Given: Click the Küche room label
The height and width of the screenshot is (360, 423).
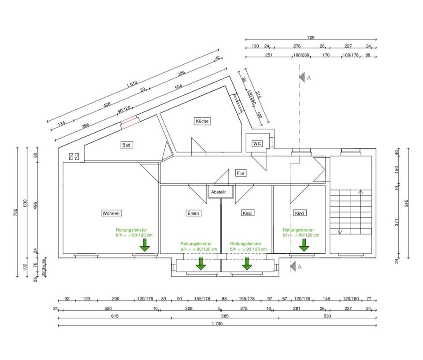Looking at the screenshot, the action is (203, 121).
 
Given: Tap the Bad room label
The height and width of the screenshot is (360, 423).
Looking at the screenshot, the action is (126, 145).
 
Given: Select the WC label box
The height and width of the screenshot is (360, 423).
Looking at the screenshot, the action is (257, 144).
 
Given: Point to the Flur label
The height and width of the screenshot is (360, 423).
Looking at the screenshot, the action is (241, 173).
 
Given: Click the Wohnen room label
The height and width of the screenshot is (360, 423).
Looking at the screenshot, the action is (111, 213).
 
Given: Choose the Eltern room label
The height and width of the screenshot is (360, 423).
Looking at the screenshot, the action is (193, 213).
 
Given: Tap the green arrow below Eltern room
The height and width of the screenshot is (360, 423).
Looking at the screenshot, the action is (201, 263).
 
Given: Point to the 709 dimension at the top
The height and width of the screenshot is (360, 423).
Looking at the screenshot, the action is (311, 38).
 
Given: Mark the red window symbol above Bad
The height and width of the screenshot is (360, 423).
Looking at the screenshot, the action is (130, 122).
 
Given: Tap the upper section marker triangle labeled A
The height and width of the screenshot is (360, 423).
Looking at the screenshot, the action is (302, 77).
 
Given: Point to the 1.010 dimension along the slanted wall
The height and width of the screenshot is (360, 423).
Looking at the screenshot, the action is (132, 83).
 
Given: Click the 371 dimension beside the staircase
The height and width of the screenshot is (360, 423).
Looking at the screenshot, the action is (397, 223).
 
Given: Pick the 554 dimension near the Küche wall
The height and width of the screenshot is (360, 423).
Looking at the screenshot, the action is (178, 87).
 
